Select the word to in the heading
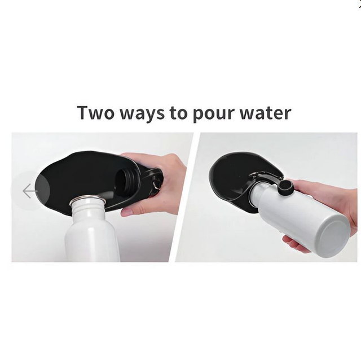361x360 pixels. pos(178,113)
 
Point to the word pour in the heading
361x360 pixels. pos(213,114)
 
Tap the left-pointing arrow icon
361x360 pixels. pos(30,191)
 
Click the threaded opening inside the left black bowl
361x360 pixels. pos(126,182)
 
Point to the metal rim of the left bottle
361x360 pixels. pos(88,199)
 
